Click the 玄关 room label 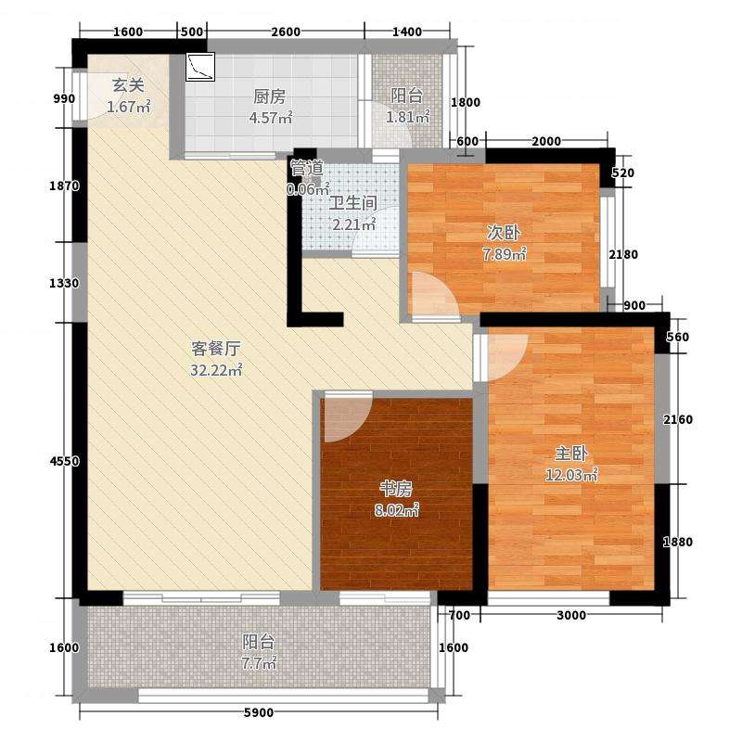(127, 85)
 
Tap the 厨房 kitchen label (269, 96)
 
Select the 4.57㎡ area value (270, 118)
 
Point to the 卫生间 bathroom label (353, 203)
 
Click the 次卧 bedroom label (504, 233)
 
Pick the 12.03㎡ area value (571, 474)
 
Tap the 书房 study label (396, 489)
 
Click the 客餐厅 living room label (215, 349)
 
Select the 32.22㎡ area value (216, 369)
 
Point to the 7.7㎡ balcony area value (259, 663)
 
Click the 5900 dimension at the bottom (259, 712)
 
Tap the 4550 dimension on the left (64, 461)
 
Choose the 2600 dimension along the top (286, 32)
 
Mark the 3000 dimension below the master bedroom (571, 615)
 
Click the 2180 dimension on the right (623, 254)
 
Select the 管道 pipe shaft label (307, 168)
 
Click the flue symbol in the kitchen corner (200, 67)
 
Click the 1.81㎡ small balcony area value (407, 117)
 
